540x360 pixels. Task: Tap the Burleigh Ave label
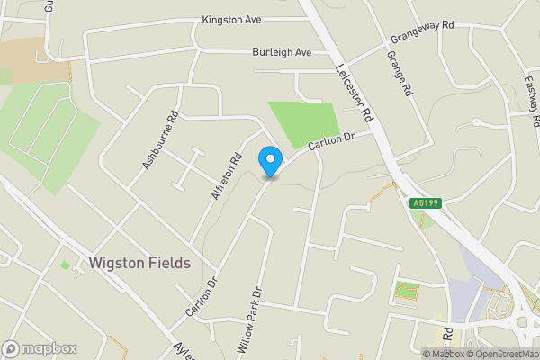coord(282,52)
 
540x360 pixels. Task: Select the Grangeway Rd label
coord(420,34)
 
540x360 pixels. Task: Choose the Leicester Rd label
coord(353,94)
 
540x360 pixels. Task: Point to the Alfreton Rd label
coord(226,175)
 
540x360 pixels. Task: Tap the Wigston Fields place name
coord(139,264)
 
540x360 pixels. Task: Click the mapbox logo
coord(40,348)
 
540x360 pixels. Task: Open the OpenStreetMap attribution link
coord(502,354)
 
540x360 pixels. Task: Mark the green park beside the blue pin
coord(303,124)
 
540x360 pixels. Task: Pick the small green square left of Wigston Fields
coord(65,265)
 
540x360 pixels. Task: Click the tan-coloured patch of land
coord(31,58)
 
